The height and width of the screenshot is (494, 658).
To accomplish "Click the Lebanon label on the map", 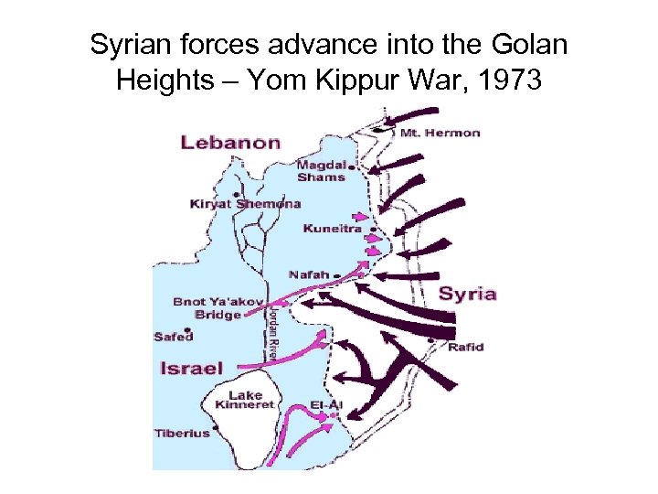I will [229, 142].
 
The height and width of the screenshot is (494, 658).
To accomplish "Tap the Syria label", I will [467, 294].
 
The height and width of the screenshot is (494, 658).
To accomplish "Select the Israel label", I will [191, 369].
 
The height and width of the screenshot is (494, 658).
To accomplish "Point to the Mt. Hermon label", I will [440, 133].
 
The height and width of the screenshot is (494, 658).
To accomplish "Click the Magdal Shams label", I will [321, 171].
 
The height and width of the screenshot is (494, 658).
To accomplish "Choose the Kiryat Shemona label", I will [245, 203].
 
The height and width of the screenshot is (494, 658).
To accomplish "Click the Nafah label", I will [308, 274].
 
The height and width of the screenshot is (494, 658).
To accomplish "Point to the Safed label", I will [174, 337].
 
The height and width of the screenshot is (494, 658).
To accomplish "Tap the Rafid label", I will [465, 347].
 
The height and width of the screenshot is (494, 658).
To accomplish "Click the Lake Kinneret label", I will [244, 400].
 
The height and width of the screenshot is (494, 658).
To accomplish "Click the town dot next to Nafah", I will [337, 274].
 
